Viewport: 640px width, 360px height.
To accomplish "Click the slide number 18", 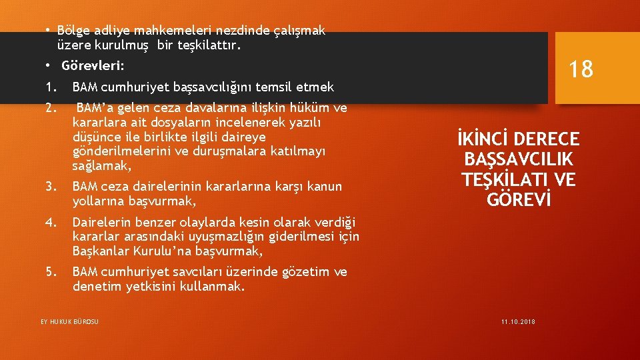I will tap(581, 69).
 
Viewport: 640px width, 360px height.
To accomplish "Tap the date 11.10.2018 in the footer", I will tap(518, 322).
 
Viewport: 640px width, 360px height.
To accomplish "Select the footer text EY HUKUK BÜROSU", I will tap(69, 322).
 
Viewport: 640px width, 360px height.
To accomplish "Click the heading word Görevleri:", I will tap(93, 67).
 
